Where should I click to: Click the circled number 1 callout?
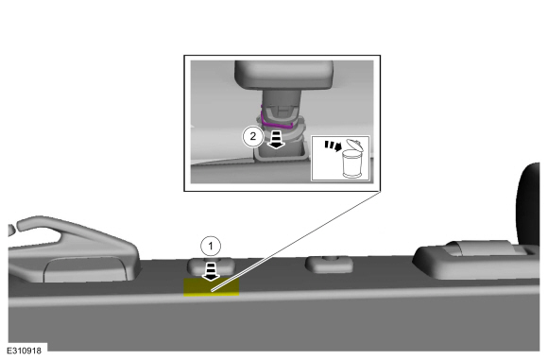click(x=211, y=247)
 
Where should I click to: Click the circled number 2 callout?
click(x=252, y=136)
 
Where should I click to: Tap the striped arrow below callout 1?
click(x=211, y=272)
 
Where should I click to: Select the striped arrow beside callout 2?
click(x=276, y=140)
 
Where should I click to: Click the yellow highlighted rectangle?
click(x=212, y=287)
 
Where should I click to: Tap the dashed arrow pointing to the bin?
click(x=333, y=146)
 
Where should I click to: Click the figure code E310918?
click(x=25, y=351)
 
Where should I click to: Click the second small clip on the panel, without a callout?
click(x=329, y=265)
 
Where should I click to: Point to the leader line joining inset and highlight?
click(x=296, y=241)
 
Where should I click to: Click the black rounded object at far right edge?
click(x=528, y=204)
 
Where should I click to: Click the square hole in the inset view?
click(x=281, y=153)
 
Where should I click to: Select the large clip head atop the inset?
click(x=283, y=75)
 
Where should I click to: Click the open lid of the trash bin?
click(x=354, y=146)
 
